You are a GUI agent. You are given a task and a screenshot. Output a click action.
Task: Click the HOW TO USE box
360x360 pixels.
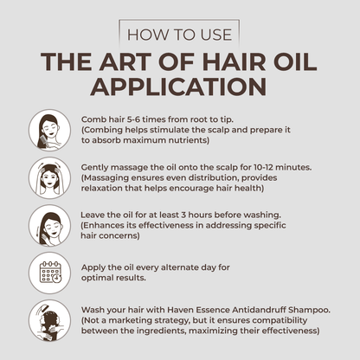[x=180, y=35]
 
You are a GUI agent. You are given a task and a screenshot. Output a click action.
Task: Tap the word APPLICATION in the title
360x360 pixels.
[x=180, y=87]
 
